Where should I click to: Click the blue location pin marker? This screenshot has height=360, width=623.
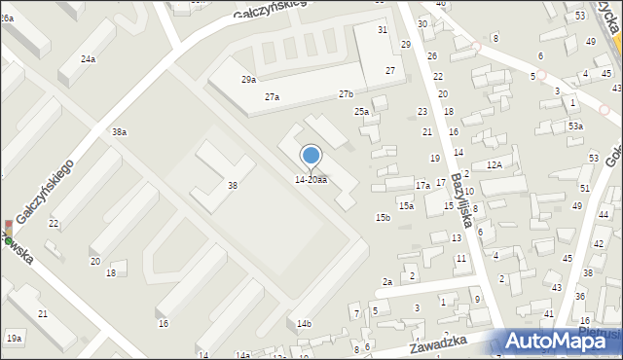click(311, 156)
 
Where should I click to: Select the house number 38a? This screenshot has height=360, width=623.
click(119, 131)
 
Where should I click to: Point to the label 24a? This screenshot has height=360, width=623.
click(88, 59)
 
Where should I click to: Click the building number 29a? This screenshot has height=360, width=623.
click(249, 80)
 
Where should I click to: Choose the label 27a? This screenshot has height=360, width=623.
click(272, 97)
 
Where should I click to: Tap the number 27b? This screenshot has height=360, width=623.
click(346, 93)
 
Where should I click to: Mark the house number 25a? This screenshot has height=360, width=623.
click(361, 112)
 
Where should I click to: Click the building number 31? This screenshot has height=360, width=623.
click(383, 30)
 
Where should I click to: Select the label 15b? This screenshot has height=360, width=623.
click(383, 217)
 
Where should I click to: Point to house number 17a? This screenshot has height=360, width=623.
click(422, 185)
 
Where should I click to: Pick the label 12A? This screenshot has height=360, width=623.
click(495, 165)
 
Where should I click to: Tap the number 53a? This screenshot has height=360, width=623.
click(575, 126)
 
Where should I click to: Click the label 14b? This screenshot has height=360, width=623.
click(304, 323)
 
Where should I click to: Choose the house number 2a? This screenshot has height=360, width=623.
click(386, 282)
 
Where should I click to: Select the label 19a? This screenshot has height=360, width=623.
click(14, 338)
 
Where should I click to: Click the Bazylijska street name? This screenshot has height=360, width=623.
click(460, 202)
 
